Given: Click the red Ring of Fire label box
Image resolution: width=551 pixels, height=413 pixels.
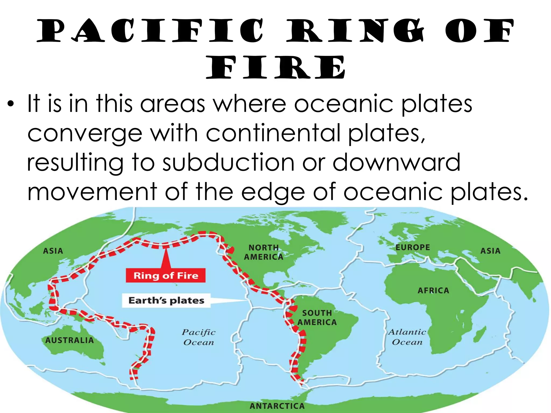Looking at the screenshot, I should [x=165, y=275].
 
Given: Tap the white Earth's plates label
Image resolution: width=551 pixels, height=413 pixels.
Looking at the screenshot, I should [x=166, y=300].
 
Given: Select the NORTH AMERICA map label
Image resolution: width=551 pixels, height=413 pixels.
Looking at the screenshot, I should [x=263, y=252].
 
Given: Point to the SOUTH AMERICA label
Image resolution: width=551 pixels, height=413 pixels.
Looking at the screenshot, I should [x=317, y=318].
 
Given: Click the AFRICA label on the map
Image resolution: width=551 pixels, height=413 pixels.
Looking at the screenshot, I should [x=433, y=290].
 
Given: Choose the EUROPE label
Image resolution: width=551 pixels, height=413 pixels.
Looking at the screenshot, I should [x=412, y=247].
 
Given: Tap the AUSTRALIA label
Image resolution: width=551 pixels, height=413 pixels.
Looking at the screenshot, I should [x=69, y=340].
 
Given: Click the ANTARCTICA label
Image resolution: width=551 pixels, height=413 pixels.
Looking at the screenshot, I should [x=277, y=406].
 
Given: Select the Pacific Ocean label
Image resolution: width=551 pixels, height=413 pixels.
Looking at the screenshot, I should [x=199, y=337].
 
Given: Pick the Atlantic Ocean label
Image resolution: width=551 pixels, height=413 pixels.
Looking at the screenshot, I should [x=407, y=337].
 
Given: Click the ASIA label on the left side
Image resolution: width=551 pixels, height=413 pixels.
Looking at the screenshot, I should [x=53, y=251].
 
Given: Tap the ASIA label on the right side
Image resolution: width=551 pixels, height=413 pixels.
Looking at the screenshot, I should [x=490, y=251].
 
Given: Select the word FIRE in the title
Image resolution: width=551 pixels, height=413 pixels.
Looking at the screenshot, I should [x=275, y=67].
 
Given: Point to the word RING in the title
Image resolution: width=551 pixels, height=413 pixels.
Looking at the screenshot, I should [x=355, y=31].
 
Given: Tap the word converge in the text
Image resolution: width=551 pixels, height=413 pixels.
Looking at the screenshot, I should [x=85, y=134].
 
